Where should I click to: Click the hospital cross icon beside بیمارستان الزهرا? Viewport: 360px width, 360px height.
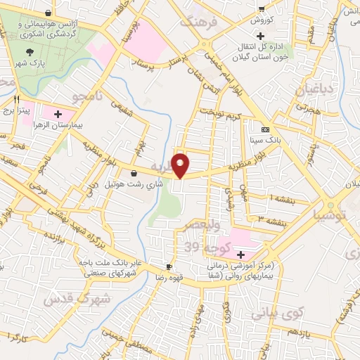[x=57, y=112]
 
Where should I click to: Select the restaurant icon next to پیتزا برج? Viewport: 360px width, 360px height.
[x=15, y=99]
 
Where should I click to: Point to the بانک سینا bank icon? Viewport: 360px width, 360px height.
[x=265, y=130]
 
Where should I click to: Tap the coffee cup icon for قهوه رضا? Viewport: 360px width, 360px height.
[x=168, y=266]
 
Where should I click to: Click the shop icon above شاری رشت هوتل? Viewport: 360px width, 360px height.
[x=134, y=173]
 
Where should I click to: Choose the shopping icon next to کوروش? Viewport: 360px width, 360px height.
[x=261, y=8]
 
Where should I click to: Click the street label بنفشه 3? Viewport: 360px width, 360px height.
[x=271, y=222]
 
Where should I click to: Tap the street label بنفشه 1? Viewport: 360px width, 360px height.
[x=273, y=199]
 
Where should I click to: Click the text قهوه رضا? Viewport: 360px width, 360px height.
[x=169, y=277]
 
